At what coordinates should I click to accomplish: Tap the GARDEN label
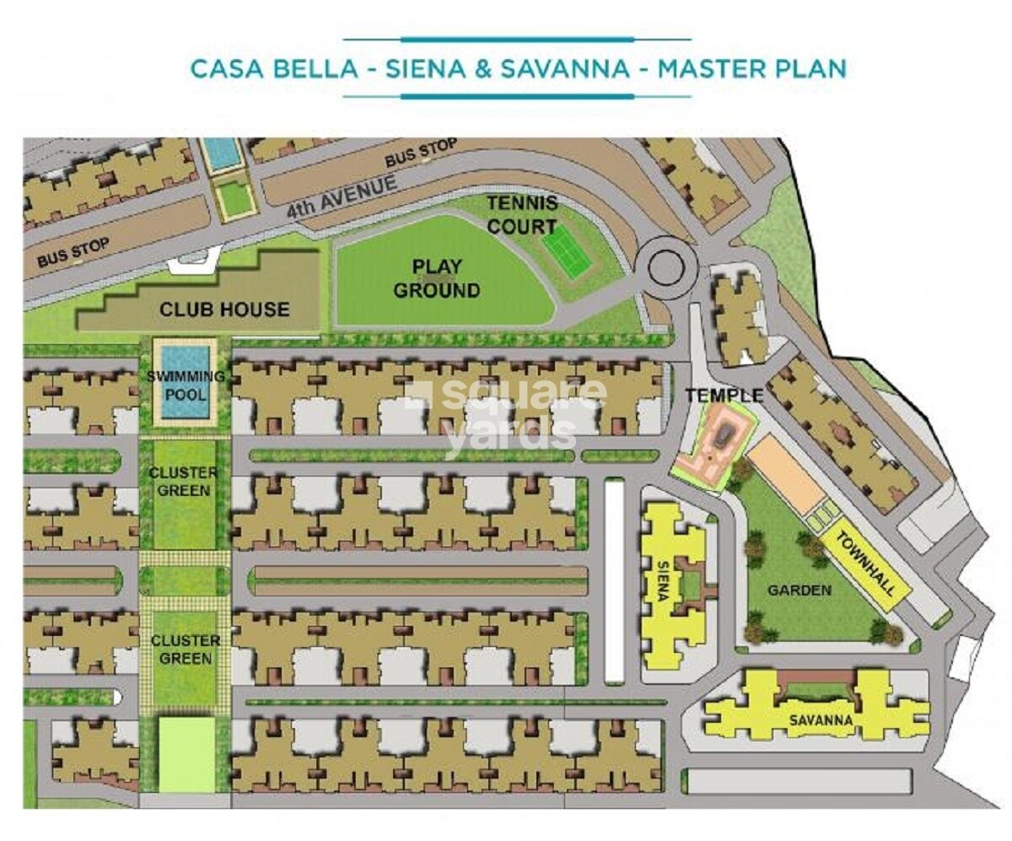click(799, 590)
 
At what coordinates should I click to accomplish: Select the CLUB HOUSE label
click(224, 310)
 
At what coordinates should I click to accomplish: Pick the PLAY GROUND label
click(437, 279)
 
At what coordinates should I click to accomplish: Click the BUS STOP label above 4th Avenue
click(421, 154)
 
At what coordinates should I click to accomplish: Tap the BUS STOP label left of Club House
click(73, 253)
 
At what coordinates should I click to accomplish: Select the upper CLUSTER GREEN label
click(184, 482)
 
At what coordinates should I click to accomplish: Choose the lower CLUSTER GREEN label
click(184, 650)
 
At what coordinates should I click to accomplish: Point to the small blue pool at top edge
click(223, 153)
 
